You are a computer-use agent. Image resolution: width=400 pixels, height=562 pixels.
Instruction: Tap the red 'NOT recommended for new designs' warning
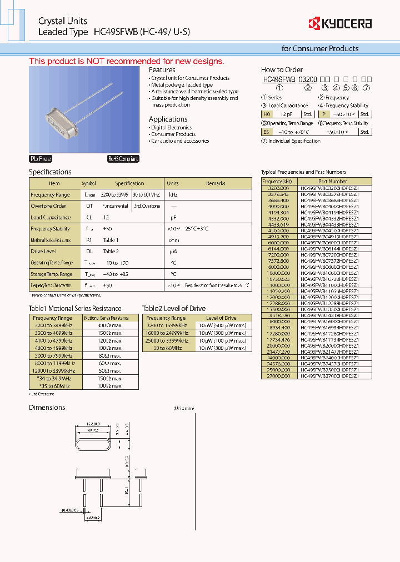click(127, 61)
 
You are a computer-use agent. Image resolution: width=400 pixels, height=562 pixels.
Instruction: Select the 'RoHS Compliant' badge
click(123, 159)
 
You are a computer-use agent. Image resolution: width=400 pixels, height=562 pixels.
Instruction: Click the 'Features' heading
click(162, 70)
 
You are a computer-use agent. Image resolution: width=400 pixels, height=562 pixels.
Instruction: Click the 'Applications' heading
click(168, 119)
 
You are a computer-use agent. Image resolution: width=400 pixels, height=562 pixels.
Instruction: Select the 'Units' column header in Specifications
click(172, 183)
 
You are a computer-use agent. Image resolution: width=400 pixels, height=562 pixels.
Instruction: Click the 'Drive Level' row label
click(43, 252)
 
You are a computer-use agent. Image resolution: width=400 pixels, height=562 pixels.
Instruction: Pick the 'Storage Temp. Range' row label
click(51, 274)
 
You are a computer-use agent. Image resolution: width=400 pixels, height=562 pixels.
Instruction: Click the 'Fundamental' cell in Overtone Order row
click(115, 206)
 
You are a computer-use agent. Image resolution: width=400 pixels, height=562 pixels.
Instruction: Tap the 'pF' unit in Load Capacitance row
click(173, 218)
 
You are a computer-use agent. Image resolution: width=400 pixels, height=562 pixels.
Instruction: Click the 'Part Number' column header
click(332, 182)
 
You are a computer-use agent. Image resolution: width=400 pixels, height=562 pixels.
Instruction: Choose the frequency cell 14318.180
click(279, 315)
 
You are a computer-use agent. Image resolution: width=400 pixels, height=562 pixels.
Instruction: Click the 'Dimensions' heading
click(47, 408)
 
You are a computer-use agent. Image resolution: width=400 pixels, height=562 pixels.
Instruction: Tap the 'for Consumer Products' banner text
click(319, 48)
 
